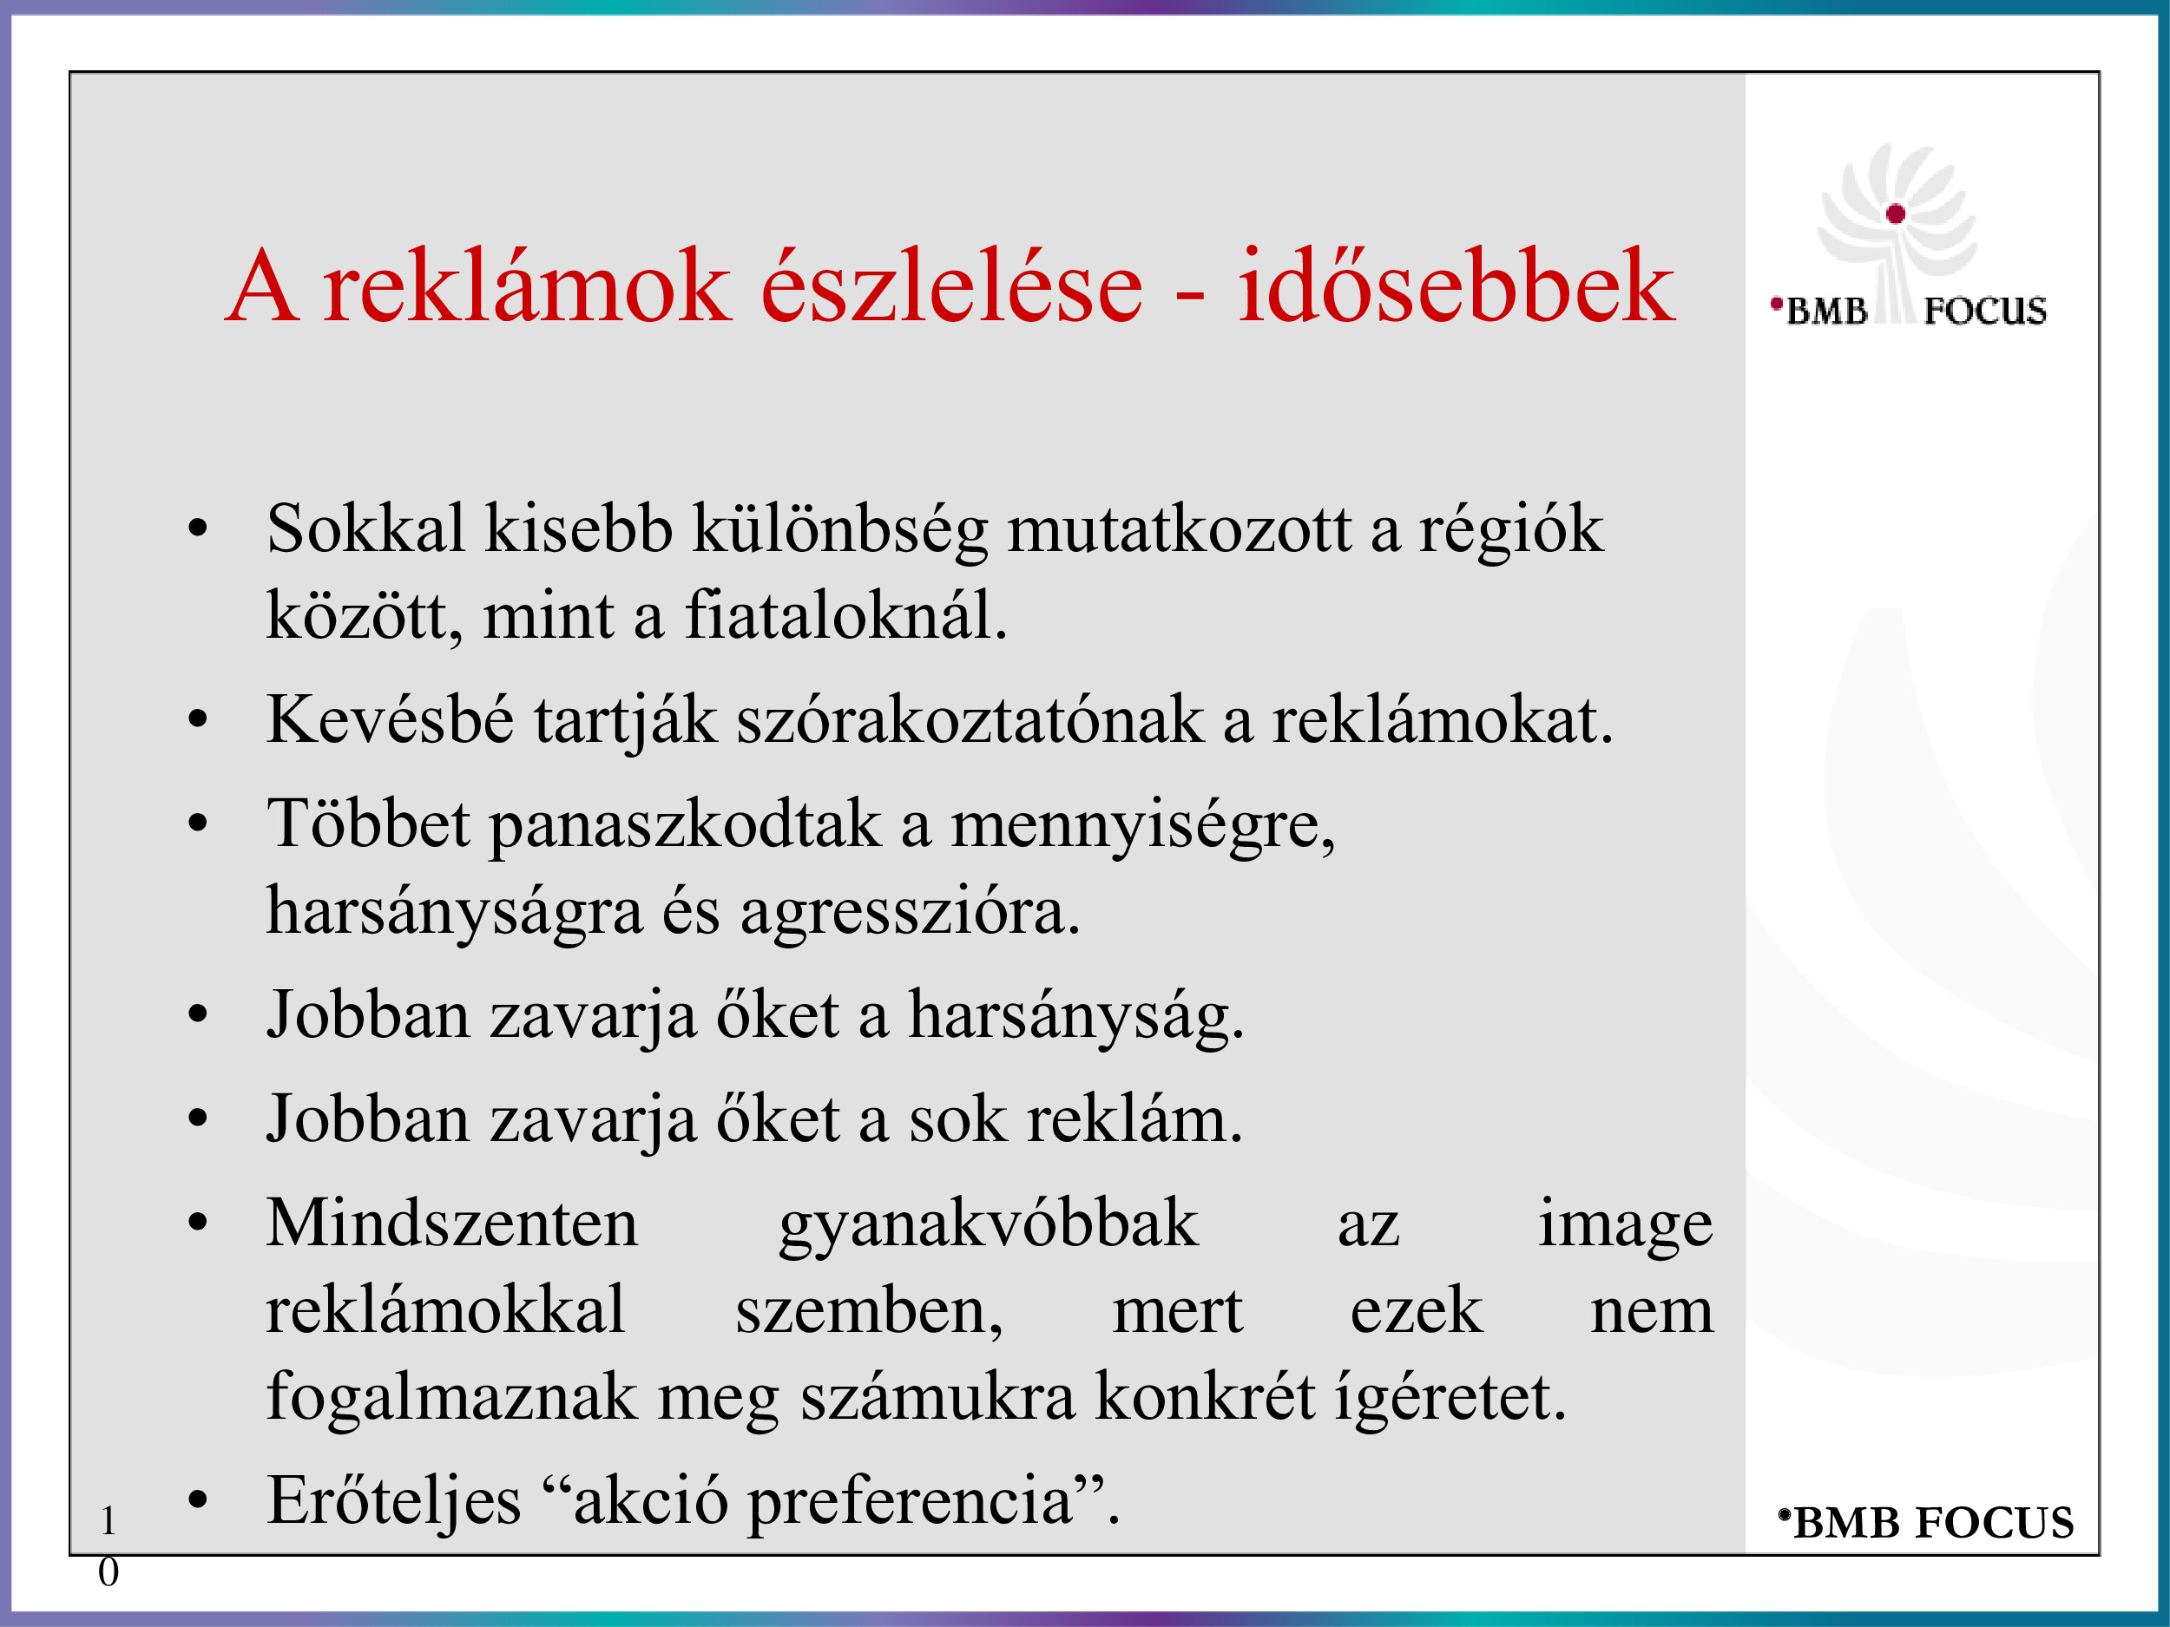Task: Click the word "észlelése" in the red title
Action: [x=951, y=285]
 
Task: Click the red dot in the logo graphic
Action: [x=1896, y=213]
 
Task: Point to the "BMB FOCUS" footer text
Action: [x=1927, y=1523]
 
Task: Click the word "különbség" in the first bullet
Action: [x=839, y=530]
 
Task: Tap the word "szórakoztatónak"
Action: [x=970, y=720]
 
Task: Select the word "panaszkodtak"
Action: [x=685, y=824]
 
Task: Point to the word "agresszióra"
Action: [x=910, y=913]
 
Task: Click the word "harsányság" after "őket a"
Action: [x=1075, y=1016]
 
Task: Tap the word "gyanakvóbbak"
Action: [x=988, y=1225]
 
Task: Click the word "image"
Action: [x=1625, y=1225]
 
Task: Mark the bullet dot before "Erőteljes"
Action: [x=198, y=1500]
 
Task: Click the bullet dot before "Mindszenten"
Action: [x=198, y=1223]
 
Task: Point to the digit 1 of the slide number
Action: [x=108, y=1521]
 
